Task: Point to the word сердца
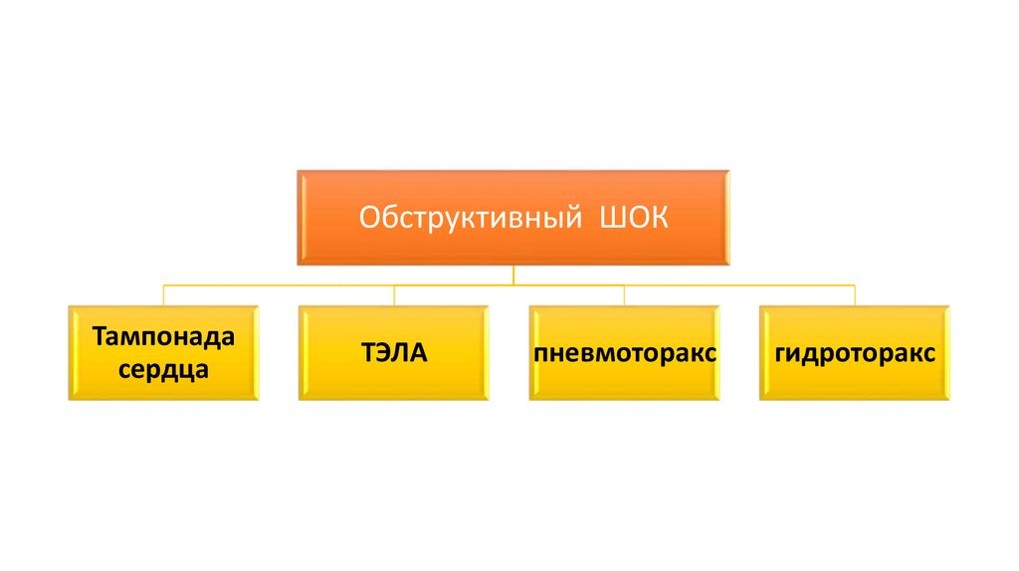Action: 164,370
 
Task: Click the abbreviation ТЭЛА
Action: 394,353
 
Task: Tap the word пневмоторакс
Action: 625,354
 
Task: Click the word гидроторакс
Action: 855,354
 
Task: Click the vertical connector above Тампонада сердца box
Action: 164,295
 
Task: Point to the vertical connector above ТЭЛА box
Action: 394,295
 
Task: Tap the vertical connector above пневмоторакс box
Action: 625,295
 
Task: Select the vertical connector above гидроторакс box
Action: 855,295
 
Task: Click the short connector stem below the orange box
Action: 512,275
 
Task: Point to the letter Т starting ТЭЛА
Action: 367,353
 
